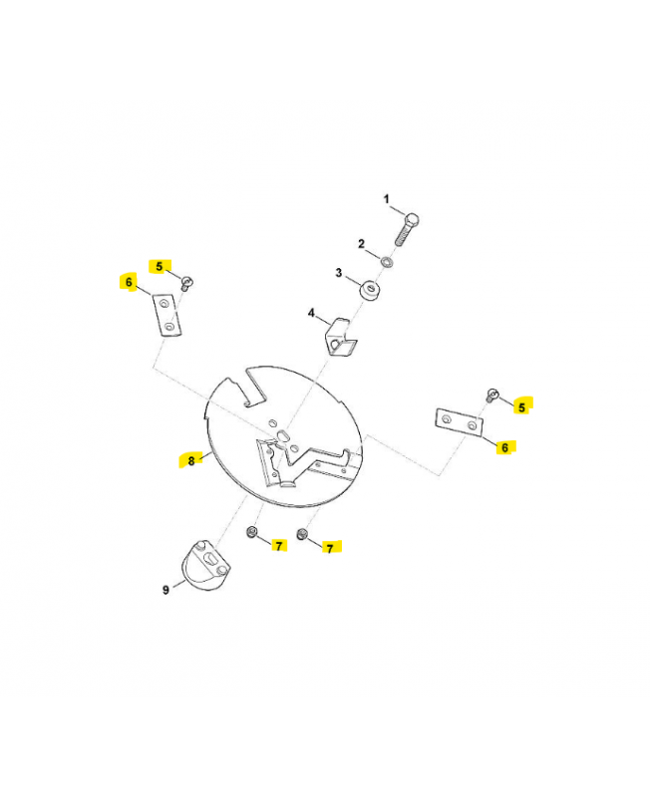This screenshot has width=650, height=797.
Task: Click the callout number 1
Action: tap(387, 198)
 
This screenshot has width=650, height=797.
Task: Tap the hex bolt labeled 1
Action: tap(407, 229)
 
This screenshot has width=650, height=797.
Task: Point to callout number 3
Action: tap(339, 273)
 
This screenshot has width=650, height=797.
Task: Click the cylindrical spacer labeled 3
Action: tap(370, 290)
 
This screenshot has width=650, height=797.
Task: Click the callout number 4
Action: tap(311, 313)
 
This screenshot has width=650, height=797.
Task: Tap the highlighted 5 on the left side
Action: tap(160, 266)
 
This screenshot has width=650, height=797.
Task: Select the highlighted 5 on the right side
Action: tap(521, 407)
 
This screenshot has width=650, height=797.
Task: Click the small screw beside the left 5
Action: tap(187, 283)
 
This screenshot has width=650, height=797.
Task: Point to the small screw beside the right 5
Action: tap(492, 395)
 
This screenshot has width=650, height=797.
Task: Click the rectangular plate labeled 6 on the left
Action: tap(167, 315)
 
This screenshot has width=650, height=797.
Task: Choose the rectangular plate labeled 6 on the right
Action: tap(459, 421)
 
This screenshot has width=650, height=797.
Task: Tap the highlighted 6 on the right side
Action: tap(504, 447)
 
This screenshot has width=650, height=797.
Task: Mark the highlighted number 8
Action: tap(191, 461)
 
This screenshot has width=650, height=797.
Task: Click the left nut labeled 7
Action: tap(251, 532)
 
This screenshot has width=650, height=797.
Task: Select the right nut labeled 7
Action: tap(302, 534)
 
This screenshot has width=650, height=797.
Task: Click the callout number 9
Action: tap(165, 590)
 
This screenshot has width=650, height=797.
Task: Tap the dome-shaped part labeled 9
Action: tap(205, 565)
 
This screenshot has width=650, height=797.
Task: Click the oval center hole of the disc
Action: tap(282, 435)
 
